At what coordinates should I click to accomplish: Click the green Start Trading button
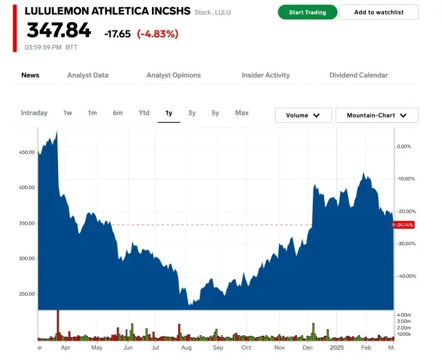[x=307, y=12]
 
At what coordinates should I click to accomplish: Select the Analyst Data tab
[x=88, y=75]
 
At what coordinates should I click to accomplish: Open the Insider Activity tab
[x=265, y=75]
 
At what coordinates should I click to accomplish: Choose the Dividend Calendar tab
[x=358, y=75]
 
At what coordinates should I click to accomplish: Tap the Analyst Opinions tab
[x=173, y=75]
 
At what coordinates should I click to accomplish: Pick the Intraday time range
[x=35, y=113]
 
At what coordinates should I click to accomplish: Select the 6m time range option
[x=118, y=113]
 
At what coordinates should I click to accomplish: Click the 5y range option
[x=215, y=113]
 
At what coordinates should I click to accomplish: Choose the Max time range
[x=242, y=113]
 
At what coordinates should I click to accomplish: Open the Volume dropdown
[x=303, y=115]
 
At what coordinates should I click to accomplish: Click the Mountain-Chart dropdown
[x=376, y=115]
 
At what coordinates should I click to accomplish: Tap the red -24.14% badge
[x=405, y=225]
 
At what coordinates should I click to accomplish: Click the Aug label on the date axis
[x=186, y=350]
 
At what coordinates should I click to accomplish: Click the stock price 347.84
[x=59, y=30]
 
